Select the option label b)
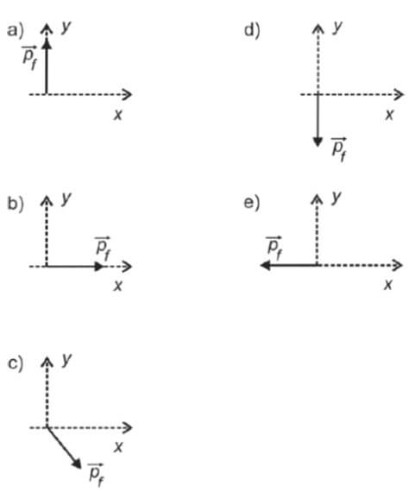16,204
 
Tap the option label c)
16,364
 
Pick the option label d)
252,31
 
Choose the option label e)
252,203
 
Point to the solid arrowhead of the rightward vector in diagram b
99,267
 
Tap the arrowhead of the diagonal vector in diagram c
76,464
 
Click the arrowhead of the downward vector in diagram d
318,142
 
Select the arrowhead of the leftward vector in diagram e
266,266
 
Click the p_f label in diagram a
30,58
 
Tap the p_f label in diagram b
103,249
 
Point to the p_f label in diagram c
97,475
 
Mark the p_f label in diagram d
339,149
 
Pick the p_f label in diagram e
274,249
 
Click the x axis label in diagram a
118,115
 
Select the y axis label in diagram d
337,28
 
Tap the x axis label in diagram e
388,285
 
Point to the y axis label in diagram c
66,360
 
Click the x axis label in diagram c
118,447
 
